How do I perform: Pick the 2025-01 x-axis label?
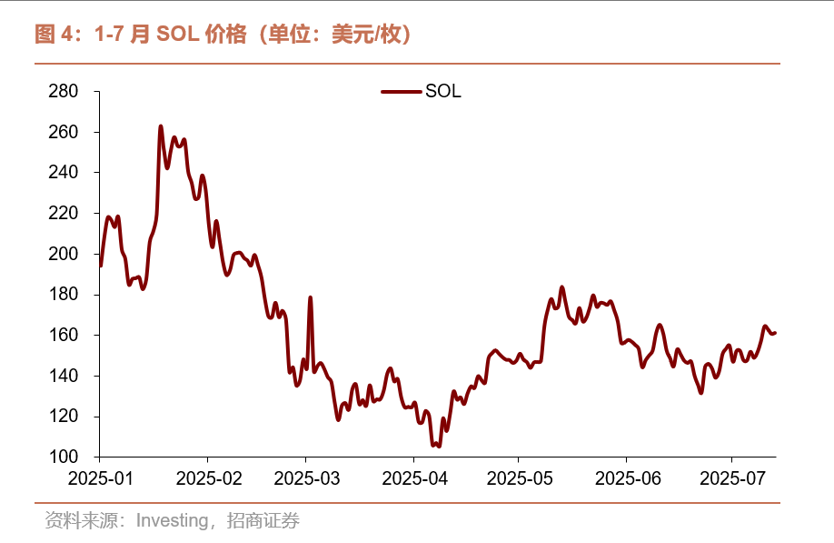click(x=99, y=478)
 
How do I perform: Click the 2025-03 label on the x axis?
click(x=306, y=478)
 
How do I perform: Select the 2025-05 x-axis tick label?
click(x=518, y=478)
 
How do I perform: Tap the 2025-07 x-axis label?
click(x=732, y=478)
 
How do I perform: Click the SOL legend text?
click(x=443, y=92)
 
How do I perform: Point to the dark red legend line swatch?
click(x=401, y=92)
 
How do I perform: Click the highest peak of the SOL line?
click(x=161, y=126)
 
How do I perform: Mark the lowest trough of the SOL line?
click(x=439, y=446)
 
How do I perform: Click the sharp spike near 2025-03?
click(x=311, y=297)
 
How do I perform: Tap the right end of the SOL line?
click(x=775, y=333)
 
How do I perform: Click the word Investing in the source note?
click(x=174, y=521)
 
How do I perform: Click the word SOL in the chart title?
click(x=176, y=35)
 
